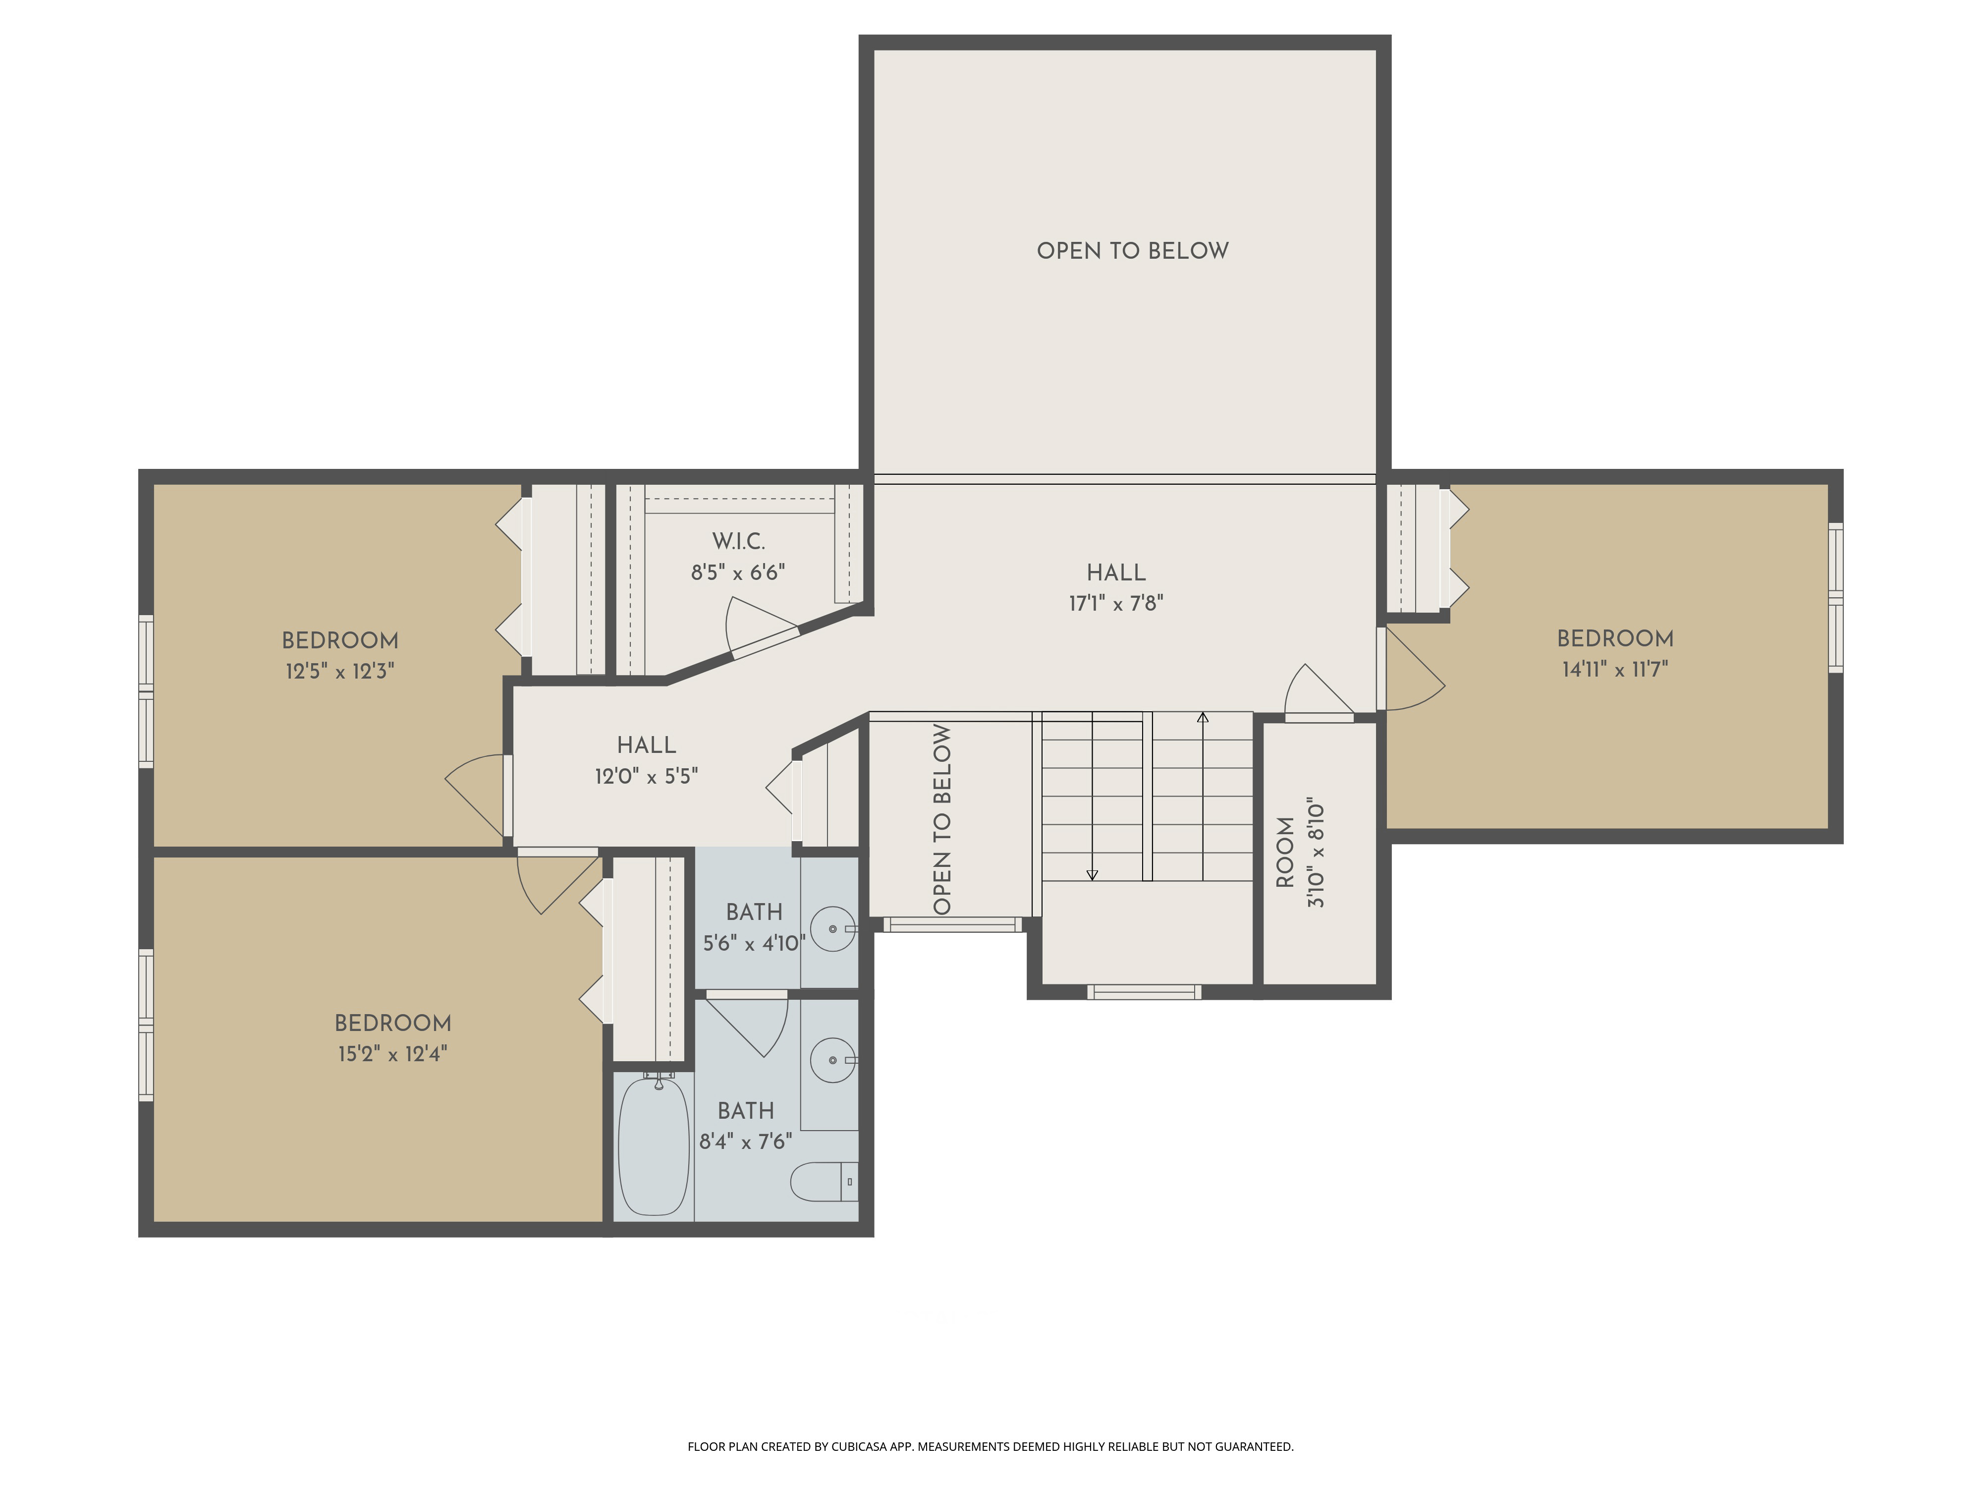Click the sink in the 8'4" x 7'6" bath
pyautogui.click(x=832, y=1060)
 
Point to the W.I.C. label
pyautogui.click(x=738, y=541)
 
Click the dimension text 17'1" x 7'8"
pyautogui.click(x=1115, y=603)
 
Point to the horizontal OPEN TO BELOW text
pyautogui.click(x=1133, y=251)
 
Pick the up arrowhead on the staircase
pyautogui.click(x=1203, y=718)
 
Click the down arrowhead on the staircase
pyautogui.click(x=1092, y=875)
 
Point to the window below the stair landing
pyautogui.click(x=1143, y=991)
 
